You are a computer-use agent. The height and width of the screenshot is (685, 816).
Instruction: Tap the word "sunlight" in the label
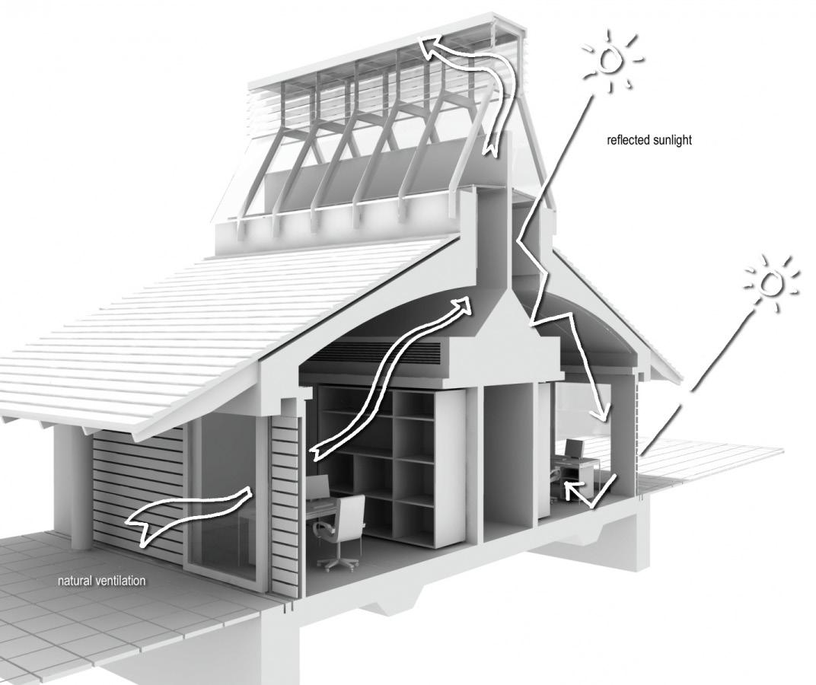671,140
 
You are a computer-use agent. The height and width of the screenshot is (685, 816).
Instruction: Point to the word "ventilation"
120,581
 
